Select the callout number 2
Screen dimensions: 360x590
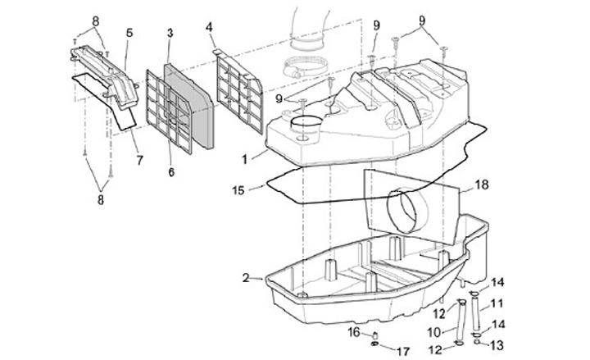(246, 278)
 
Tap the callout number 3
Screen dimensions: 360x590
(170, 33)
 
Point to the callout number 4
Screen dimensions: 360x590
(210, 27)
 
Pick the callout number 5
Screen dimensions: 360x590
(129, 34)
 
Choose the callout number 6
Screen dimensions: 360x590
(170, 172)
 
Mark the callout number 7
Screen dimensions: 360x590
(139, 160)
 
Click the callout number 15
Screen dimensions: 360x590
(238, 189)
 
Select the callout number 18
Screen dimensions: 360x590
(481, 186)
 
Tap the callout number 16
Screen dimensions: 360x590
(354, 331)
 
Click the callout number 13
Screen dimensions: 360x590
(497, 344)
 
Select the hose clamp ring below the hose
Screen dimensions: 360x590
(304, 67)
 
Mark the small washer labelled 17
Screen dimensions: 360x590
(375, 345)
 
